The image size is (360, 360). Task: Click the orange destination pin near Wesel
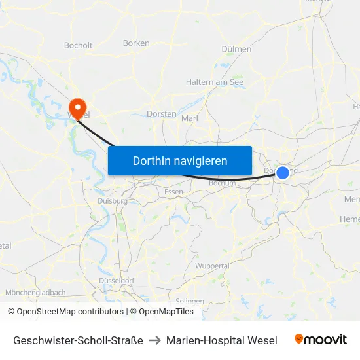[77, 106]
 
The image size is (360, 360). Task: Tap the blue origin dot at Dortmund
[282, 172]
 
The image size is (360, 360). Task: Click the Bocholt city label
[78, 46]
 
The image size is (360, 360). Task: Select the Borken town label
[136, 43]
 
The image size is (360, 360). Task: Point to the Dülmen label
[236, 49]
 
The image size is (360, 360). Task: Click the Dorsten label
[161, 113]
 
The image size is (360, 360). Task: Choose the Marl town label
[189, 118]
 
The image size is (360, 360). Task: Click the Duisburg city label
[112, 201]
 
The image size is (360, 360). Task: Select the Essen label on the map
[174, 192]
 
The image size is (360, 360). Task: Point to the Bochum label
[221, 183]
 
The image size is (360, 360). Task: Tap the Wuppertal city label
[212, 266]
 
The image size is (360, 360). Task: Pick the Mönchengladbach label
[35, 293]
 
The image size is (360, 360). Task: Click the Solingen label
[190, 301]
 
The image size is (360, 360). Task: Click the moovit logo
[321, 339]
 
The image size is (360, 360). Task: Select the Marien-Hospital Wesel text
[221, 340]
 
